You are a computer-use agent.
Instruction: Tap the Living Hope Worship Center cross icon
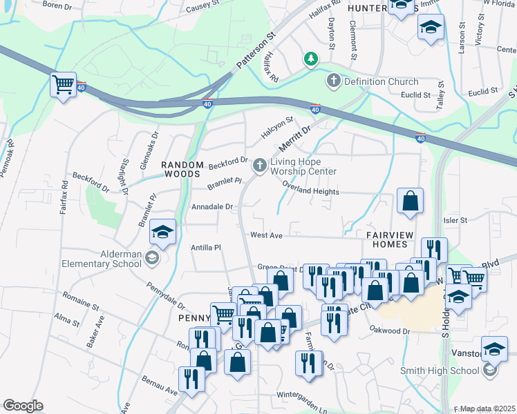click(260, 165)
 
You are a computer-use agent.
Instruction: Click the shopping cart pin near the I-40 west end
click(64, 86)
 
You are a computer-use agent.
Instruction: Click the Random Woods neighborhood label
click(182, 170)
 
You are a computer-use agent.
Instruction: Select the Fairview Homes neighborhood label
click(389, 240)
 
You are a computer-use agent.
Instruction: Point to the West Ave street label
click(266, 235)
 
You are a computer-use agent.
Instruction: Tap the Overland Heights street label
click(310, 192)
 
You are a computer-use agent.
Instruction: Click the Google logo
click(23, 406)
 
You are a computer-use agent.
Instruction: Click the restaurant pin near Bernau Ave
click(190, 379)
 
